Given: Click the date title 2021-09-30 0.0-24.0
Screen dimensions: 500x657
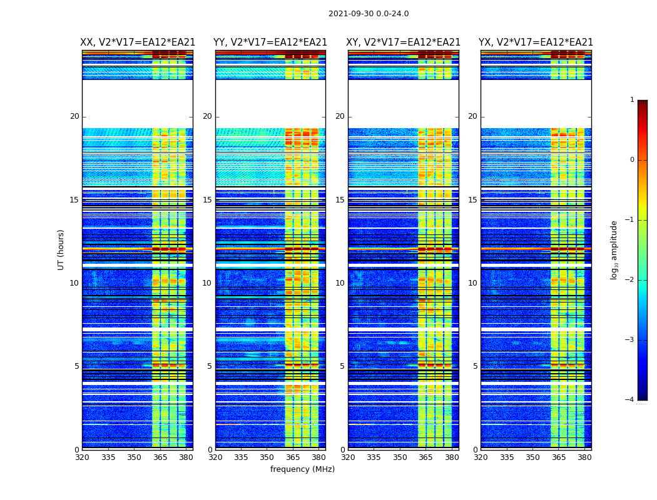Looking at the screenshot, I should coord(369,14).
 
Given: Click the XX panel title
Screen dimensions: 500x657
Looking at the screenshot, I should coord(138,42).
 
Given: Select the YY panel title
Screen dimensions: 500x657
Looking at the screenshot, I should coord(270,42).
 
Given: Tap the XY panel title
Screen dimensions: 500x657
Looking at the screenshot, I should coord(404,42).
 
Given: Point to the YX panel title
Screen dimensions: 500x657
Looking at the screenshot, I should coord(536,42).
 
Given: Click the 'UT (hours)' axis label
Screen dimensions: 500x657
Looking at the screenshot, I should coord(61,249).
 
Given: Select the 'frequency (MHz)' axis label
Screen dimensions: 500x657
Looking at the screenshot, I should coord(302,469).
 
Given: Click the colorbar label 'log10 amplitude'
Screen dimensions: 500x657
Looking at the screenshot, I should coord(614,249).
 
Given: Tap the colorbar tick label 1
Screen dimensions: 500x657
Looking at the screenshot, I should coord(632,100).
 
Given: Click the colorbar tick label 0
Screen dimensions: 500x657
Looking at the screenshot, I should coord(632,160).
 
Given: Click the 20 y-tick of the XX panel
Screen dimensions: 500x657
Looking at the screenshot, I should coord(74,116).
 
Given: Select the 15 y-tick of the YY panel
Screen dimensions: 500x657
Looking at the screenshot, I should coord(207,200).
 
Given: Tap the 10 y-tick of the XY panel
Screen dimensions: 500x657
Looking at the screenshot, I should coord(340,283).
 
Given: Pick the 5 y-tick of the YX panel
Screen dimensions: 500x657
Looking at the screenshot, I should coord(475,366).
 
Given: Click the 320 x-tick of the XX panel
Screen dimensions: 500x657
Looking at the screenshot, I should coord(83,457).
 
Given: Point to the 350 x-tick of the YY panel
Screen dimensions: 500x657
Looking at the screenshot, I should coord(267,457).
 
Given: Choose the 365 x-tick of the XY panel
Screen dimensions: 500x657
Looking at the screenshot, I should coord(425,457).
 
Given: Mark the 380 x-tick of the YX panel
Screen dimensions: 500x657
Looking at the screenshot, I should coord(584,457).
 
